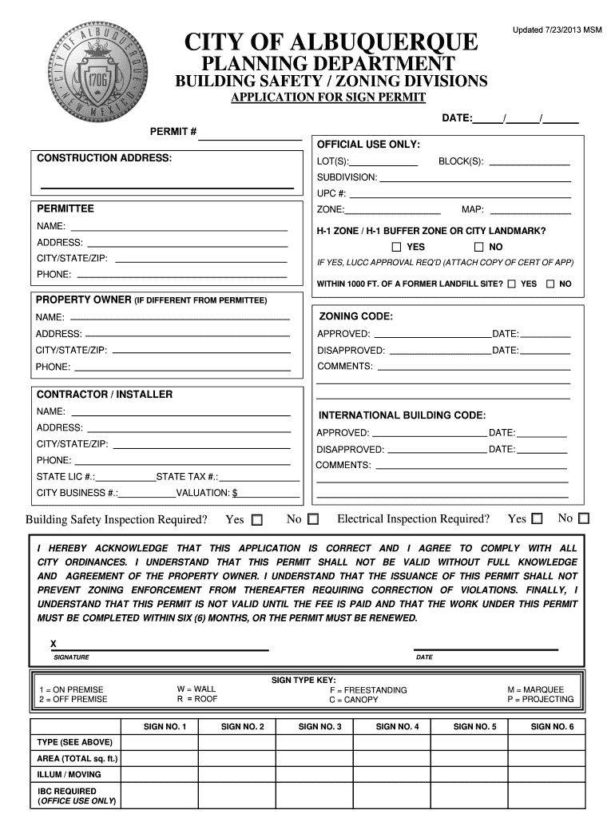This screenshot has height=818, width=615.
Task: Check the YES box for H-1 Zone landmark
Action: (396, 247)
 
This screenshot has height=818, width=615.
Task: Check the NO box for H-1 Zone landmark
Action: (479, 247)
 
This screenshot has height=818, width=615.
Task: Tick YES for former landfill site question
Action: (511, 284)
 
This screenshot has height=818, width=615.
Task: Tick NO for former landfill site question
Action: (550, 284)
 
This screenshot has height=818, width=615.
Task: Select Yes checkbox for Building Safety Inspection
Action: (256, 520)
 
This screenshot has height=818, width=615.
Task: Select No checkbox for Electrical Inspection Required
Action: (584, 518)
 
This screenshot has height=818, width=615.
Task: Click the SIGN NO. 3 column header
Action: (319, 726)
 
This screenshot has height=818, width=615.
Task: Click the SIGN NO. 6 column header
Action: (552, 726)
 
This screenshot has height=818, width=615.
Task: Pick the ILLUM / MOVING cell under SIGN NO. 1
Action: (159, 774)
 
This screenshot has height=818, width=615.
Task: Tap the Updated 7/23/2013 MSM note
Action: (557, 30)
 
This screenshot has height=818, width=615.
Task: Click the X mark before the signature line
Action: (54, 644)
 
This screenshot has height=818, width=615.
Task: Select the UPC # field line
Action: (460, 194)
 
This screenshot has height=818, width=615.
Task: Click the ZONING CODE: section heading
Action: (356, 316)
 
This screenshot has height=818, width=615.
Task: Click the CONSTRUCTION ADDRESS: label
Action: (104, 158)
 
